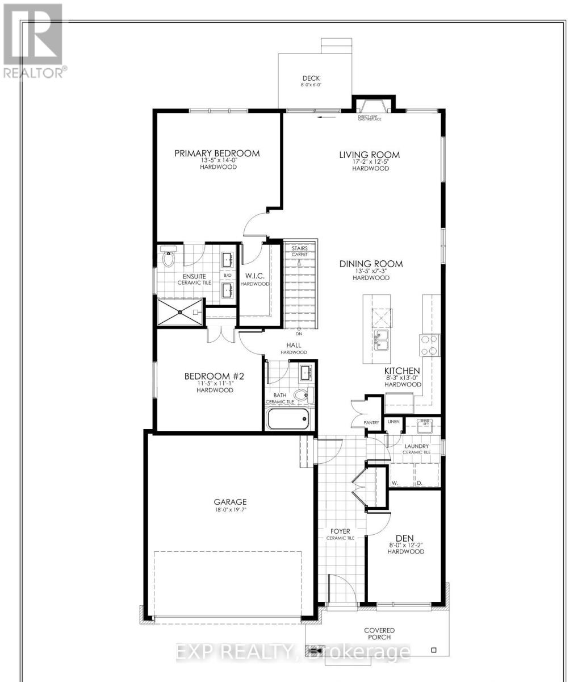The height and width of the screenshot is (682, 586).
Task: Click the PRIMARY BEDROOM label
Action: tap(216, 153)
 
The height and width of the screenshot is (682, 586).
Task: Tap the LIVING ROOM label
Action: tap(369, 155)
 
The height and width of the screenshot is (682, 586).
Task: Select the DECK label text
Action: tap(312, 78)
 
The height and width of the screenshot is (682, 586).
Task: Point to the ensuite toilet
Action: tap(169, 258)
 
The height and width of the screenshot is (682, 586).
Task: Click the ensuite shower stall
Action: tap(180, 311)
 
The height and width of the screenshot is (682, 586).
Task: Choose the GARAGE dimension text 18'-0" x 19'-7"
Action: tap(230, 510)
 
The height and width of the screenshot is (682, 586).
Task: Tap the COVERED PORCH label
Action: tap(379, 634)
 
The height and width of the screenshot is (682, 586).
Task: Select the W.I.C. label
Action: tap(253, 276)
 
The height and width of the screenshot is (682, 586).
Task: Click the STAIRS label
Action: tap(299, 248)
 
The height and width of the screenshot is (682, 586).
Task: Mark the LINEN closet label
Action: tap(394, 422)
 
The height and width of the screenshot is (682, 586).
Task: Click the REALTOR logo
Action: tap(33, 40)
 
